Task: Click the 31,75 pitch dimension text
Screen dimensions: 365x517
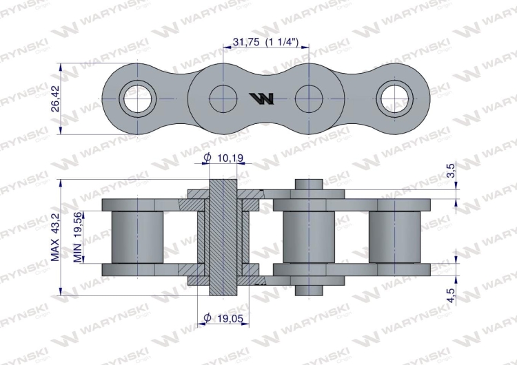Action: point(265,42)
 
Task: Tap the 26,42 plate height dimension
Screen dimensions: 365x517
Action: point(56,99)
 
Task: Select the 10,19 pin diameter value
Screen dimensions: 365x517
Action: point(230,158)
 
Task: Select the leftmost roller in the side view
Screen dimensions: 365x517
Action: point(138,237)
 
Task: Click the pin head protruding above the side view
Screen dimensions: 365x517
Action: point(308,186)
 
